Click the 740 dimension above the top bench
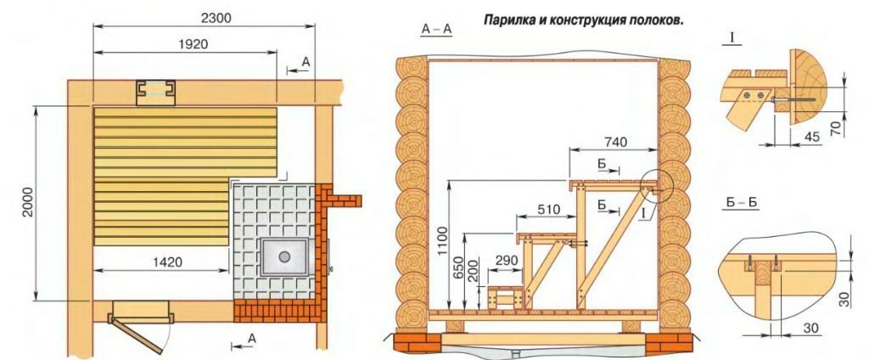tap(613, 143)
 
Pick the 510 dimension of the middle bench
tap(549, 210)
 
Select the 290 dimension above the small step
tap(506, 261)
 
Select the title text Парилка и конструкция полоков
tap(584, 20)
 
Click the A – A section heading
tap(436, 30)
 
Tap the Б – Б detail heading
tap(742, 203)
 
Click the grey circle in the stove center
tap(284, 256)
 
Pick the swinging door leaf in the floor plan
tap(136, 335)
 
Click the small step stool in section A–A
tap(505, 298)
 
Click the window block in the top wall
tap(156, 92)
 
